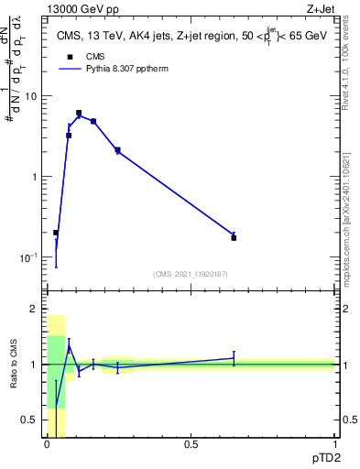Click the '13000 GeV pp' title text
tap(82, 10)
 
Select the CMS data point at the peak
tap(79, 113)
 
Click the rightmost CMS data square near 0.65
tap(234, 237)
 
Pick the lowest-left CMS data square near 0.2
tap(56, 233)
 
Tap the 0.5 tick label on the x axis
tap(191, 444)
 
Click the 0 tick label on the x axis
tap(47, 444)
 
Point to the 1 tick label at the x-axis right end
tap(334, 444)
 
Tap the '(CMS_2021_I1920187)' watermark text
tap(191, 272)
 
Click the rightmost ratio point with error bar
tap(234, 358)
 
